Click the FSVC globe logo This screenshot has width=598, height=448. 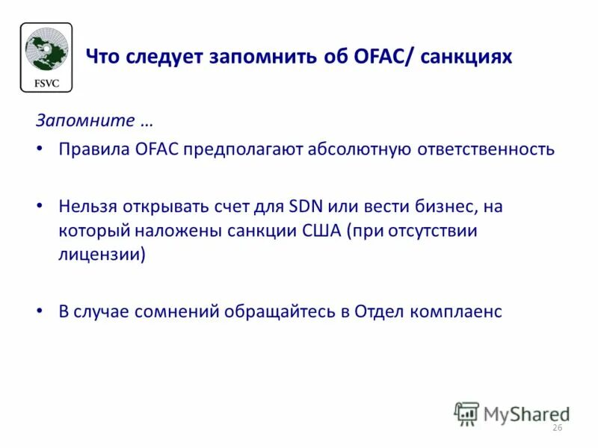(x=46, y=57)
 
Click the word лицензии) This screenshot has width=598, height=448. (x=102, y=254)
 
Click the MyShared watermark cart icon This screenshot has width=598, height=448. (x=467, y=414)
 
